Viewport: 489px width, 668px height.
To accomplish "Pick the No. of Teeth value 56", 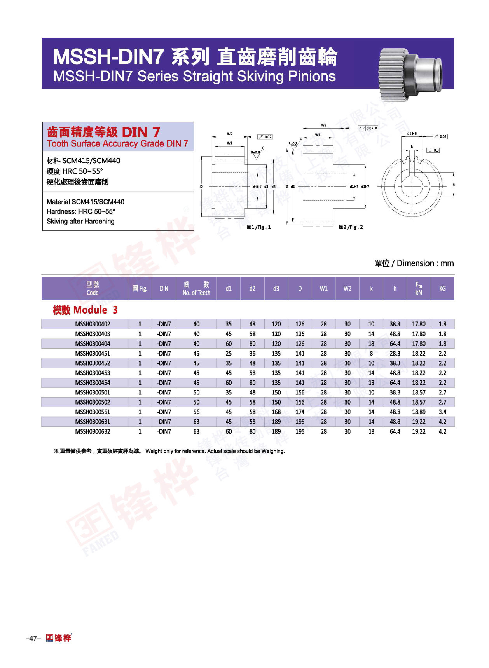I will click(x=196, y=412).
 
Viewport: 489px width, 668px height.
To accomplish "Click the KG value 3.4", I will click(x=442, y=412).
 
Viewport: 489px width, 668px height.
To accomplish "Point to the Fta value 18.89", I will click(x=419, y=412).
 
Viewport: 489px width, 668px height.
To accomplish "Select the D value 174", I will click(x=300, y=412).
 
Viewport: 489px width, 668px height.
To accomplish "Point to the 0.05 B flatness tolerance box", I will click(x=368, y=128).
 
